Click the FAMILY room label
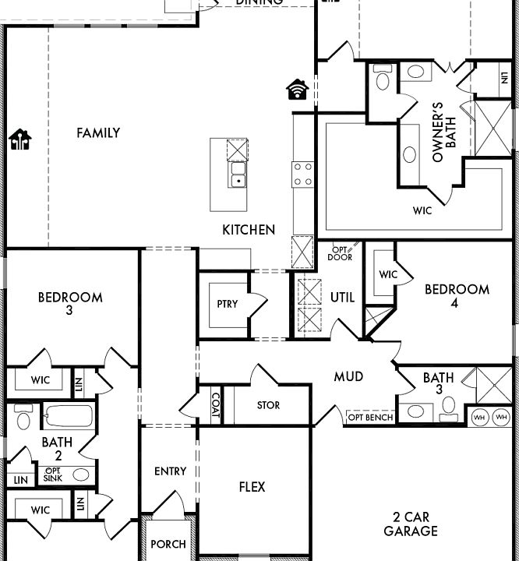(98, 133)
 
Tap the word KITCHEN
(249, 230)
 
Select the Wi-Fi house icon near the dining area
(297, 90)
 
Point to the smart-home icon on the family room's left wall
(20, 139)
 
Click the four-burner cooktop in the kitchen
(302, 175)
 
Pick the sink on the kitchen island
(237, 175)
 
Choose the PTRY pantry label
(228, 305)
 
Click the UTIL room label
(342, 298)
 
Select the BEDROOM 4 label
(457, 296)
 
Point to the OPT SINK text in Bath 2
(53, 474)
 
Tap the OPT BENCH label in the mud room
(369, 418)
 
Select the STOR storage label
(268, 406)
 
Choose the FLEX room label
(252, 487)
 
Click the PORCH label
(168, 544)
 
